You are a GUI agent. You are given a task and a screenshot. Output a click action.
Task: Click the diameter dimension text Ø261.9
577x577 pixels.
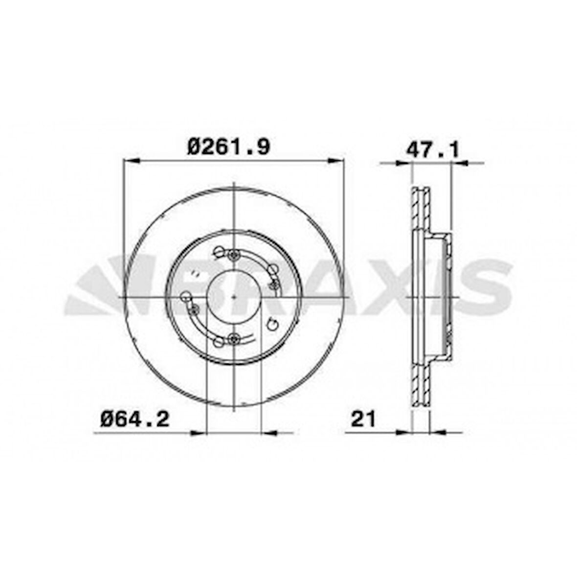229,146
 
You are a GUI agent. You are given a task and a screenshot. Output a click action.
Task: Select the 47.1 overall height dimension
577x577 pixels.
432,149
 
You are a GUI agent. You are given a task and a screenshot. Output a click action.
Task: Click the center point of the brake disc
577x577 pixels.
235,297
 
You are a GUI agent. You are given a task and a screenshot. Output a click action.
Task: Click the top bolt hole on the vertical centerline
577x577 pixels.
235,254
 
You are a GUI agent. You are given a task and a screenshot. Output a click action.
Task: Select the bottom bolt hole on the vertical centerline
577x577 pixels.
235,338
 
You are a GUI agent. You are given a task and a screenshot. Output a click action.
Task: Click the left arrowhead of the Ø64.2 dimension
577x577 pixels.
198,432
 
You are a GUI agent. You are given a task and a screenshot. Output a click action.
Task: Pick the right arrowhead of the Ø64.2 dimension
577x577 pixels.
270,432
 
